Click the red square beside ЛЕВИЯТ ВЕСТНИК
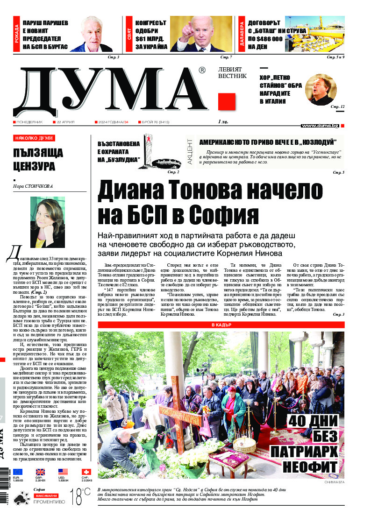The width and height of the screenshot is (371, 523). (x=226, y=102)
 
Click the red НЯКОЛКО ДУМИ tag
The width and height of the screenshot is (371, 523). (x=34, y=138)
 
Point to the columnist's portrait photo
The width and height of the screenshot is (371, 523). (x=48, y=222)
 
